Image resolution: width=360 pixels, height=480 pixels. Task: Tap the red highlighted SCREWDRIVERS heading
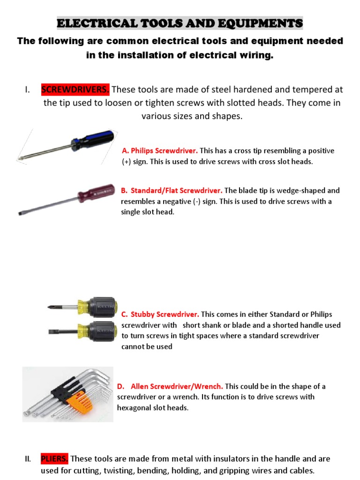click(x=75, y=89)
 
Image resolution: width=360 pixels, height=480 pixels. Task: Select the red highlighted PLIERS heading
click(x=54, y=458)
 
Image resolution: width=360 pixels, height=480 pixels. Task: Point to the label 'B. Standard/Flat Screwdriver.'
click(x=172, y=191)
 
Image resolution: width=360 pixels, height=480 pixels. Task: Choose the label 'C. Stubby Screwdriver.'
click(x=160, y=314)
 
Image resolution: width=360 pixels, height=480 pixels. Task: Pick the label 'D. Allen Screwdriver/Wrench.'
click(x=171, y=386)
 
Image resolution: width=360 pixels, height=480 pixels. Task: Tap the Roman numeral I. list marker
click(x=28, y=90)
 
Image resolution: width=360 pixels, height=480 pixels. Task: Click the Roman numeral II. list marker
click(x=28, y=459)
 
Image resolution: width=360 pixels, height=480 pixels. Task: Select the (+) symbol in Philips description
click(x=126, y=162)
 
